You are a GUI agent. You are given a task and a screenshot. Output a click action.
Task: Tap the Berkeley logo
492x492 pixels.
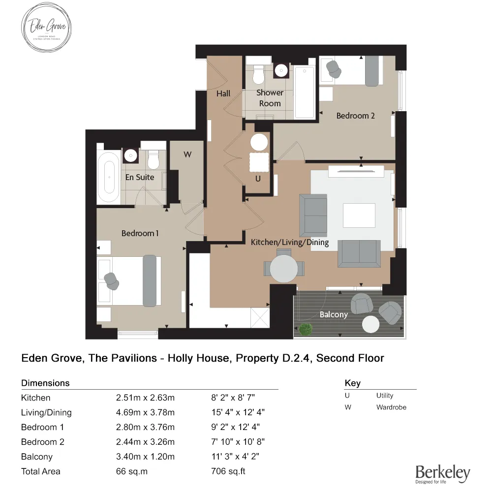(x=443, y=473)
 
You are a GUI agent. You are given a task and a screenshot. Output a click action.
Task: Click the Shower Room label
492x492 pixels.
(x=270, y=98)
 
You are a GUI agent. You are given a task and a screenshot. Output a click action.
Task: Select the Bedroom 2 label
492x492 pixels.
(x=355, y=116)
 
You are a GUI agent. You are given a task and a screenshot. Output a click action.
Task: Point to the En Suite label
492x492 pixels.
(x=139, y=177)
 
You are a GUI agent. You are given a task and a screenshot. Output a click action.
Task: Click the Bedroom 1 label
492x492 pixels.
(x=140, y=233)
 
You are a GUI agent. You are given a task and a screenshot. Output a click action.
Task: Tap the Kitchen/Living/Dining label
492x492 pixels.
(x=290, y=243)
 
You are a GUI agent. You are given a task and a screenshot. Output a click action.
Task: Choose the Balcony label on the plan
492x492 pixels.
(x=334, y=314)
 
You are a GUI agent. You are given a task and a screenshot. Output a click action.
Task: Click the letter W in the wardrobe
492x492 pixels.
(x=187, y=154)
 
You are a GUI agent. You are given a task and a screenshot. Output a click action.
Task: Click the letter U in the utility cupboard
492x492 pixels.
(x=258, y=179)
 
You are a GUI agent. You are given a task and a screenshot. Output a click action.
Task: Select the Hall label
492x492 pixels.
(x=223, y=93)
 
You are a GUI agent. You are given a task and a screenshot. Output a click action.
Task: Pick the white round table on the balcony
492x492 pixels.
(x=370, y=324)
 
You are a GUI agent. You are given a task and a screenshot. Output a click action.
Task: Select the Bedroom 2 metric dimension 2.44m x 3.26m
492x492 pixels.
(x=145, y=442)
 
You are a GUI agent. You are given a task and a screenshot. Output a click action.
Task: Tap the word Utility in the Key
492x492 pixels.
(x=385, y=396)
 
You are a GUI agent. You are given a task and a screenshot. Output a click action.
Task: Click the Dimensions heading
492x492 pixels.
(x=45, y=383)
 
